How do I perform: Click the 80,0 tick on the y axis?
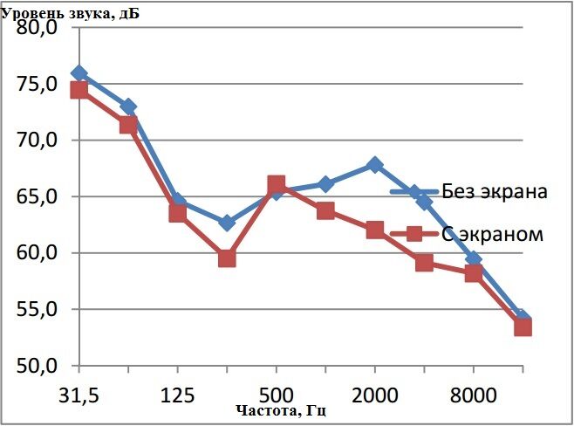pos(38,28)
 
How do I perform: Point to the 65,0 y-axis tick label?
pos(38,196)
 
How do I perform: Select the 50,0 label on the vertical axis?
pos(38,365)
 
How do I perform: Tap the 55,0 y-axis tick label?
pos(38,309)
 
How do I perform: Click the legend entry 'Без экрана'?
pos(494,192)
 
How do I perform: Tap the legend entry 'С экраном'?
pos(493,234)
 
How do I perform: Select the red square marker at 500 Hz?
pos(276,184)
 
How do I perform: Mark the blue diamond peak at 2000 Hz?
pos(375,164)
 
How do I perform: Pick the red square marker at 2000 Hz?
pos(375,230)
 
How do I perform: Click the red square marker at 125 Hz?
pos(177,212)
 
